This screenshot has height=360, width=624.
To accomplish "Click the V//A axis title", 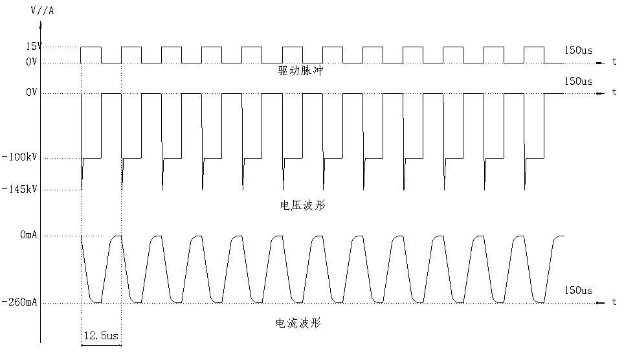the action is click(42, 11).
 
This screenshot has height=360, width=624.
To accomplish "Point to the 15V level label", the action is click(34, 47).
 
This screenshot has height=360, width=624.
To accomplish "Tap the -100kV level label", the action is click(19, 157).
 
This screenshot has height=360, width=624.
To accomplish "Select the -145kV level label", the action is click(19, 189).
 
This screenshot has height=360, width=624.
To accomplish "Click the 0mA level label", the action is click(28, 235).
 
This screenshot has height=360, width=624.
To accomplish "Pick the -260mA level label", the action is click(19, 302).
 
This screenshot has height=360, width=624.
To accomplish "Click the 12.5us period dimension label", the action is click(101, 335).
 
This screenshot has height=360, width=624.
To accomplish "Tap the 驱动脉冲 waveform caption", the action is click(300, 71).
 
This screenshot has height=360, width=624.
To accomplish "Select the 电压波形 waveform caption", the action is click(303, 205).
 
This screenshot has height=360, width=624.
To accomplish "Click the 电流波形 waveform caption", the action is click(298, 323).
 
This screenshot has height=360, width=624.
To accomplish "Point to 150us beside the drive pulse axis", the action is click(578, 51).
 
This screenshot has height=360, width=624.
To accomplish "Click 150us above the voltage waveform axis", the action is click(578, 82).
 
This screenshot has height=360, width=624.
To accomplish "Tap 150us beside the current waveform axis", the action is click(578, 291).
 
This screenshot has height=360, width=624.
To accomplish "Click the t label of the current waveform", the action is click(614, 302).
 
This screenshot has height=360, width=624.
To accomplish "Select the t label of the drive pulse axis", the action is click(614, 62).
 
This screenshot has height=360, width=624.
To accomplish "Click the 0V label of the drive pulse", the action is click(32, 62).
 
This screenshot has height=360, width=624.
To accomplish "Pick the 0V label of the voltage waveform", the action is click(32, 93).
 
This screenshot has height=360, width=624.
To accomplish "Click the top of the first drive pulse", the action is click(91, 47).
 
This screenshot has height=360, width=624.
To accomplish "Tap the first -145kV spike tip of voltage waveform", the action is click(82, 190).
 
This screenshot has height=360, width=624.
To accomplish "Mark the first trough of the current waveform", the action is click(96, 302).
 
